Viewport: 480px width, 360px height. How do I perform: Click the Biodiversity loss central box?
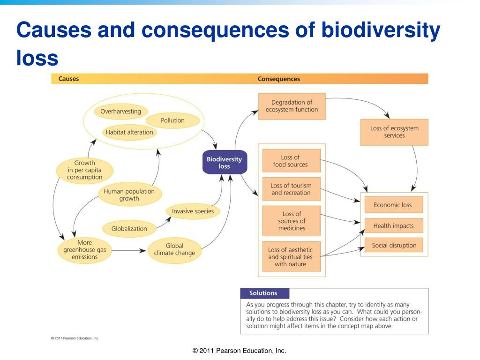point(225,162)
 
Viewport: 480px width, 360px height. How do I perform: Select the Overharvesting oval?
point(120,112)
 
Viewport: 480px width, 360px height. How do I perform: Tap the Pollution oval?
point(172,120)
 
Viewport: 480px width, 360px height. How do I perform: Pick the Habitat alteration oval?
point(129,132)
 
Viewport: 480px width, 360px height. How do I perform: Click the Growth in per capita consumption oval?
point(84,170)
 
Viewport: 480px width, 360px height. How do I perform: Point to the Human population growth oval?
point(129,195)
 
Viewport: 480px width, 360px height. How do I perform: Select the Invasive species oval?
point(193,211)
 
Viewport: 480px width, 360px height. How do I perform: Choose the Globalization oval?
point(129,229)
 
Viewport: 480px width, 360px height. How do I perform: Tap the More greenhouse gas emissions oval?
point(85,250)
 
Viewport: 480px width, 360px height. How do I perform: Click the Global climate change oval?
point(174,249)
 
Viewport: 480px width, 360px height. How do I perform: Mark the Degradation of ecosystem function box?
point(292,106)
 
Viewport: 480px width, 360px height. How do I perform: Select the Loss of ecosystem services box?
point(394,132)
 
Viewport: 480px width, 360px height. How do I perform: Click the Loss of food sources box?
point(292,161)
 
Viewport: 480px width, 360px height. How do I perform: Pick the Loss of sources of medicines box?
point(292,221)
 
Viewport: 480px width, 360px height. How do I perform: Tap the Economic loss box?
point(394,205)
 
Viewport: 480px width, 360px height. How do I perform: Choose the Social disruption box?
point(394,245)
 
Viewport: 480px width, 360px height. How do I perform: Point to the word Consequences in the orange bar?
point(278,79)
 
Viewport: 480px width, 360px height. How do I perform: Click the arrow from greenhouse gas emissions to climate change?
point(129,250)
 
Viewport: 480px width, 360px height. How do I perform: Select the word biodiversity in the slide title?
point(381,30)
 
